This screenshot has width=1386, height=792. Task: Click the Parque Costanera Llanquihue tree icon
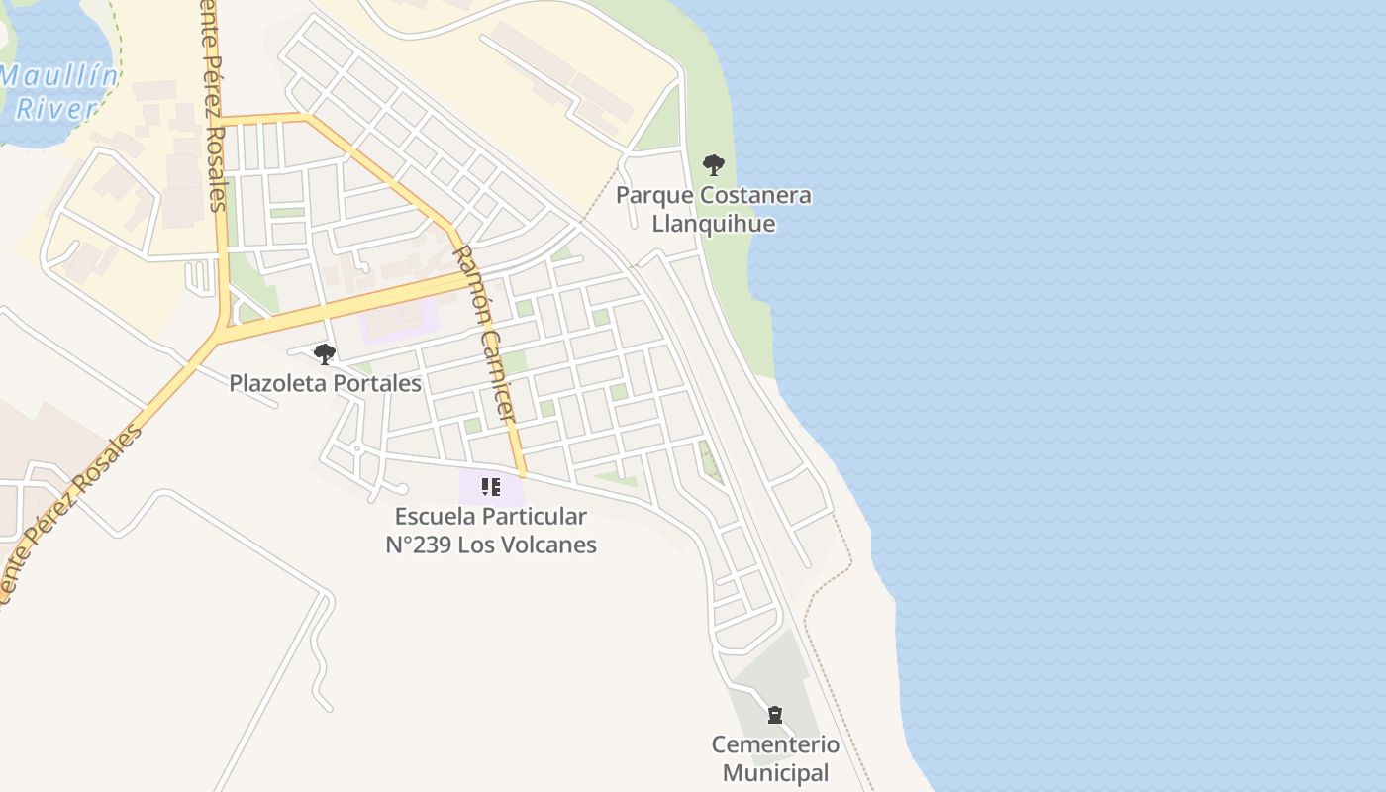point(713,165)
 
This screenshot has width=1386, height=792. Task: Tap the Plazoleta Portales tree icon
point(324,353)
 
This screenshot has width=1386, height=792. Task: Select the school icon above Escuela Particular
point(490,487)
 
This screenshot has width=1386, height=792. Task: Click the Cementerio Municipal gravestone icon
point(775,715)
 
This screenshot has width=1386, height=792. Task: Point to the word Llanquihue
point(713,223)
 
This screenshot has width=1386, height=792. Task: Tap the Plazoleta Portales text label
point(325,383)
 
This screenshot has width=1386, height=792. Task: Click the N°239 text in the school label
point(419,544)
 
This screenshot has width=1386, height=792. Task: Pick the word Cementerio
point(775,744)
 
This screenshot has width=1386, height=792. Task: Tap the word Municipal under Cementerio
point(775,773)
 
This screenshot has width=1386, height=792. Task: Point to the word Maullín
point(59,76)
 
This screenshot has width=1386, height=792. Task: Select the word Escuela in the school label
point(432,516)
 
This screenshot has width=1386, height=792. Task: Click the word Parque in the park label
point(651,195)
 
